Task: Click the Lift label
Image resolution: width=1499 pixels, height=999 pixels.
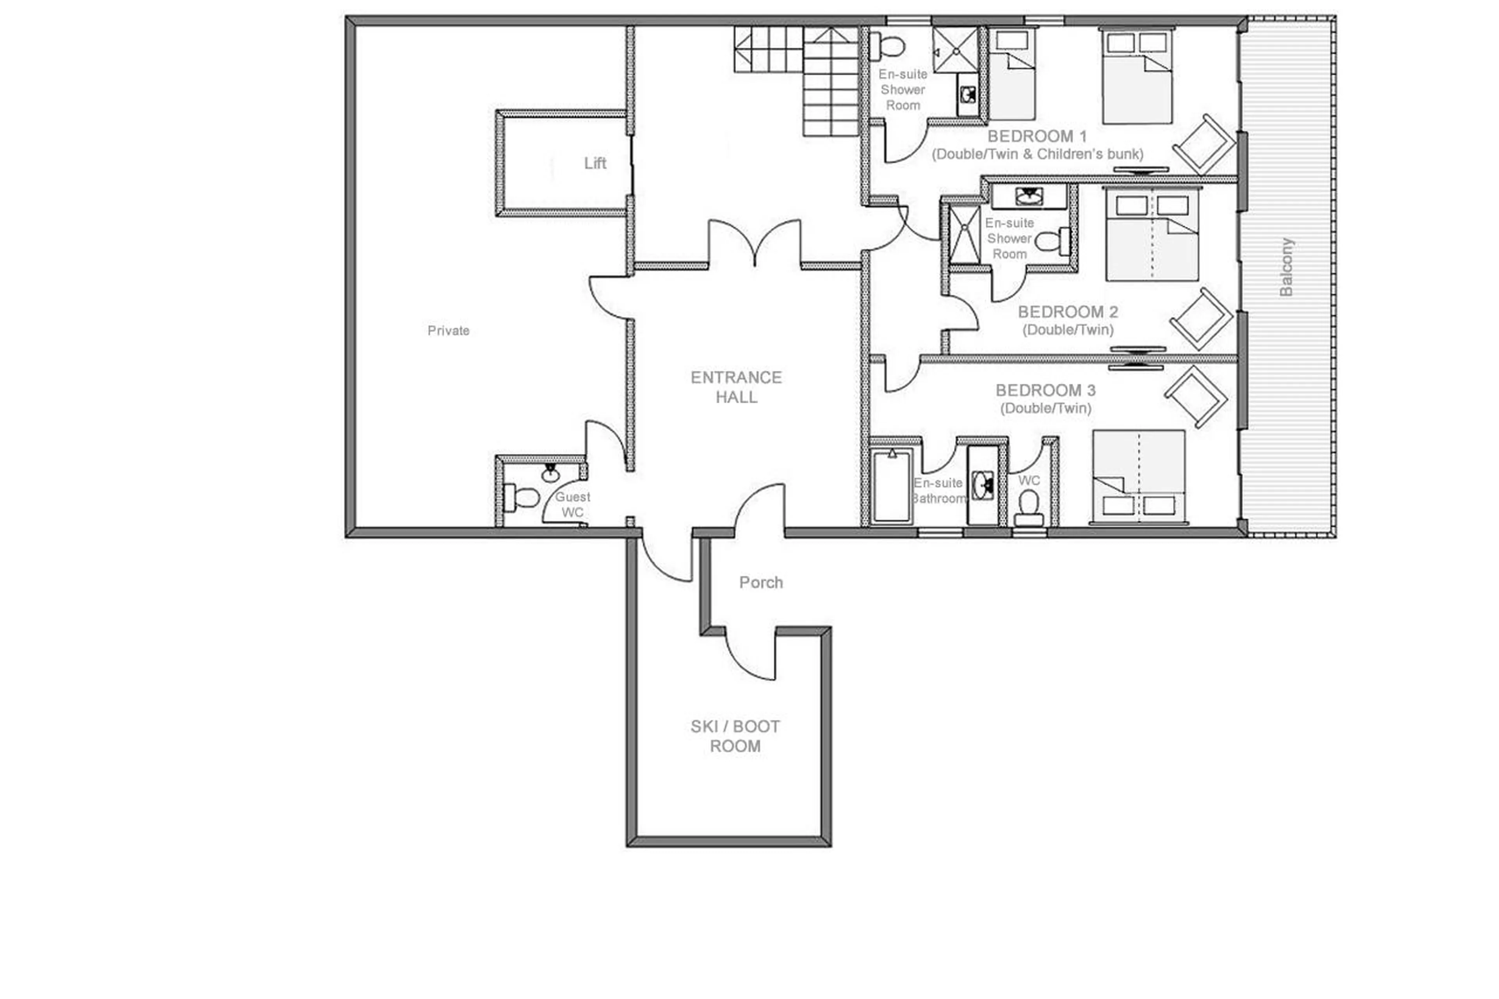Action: [x=595, y=163]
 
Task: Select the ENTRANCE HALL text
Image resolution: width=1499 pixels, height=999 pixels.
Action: [x=736, y=387]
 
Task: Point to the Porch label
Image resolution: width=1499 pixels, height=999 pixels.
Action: [x=761, y=582]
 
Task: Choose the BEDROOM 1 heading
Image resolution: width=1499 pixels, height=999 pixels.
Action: [x=1036, y=136]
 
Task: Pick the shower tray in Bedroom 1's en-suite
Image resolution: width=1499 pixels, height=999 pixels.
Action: [x=954, y=49]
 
